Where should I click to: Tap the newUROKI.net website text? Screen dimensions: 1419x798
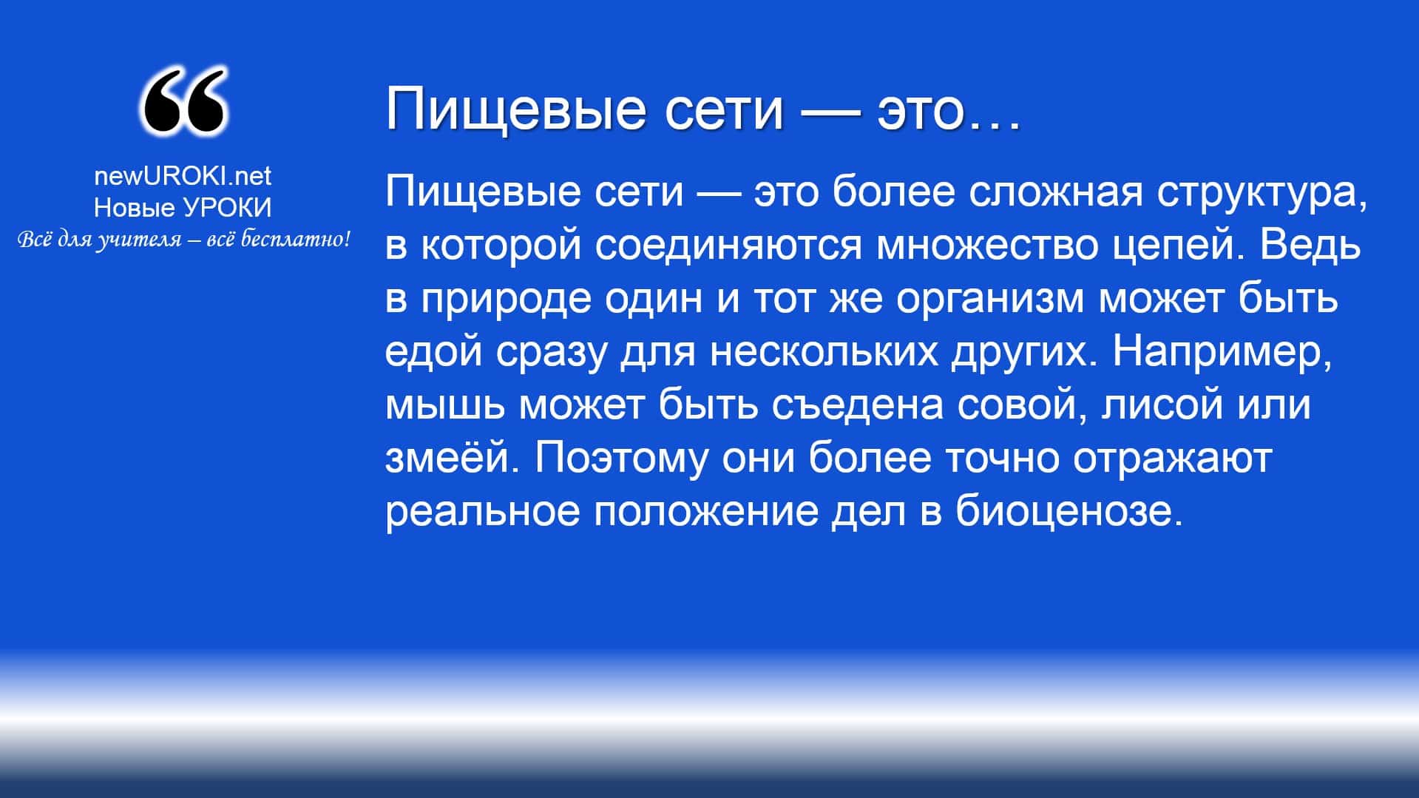point(183,175)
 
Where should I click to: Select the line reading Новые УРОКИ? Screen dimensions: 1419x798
point(183,209)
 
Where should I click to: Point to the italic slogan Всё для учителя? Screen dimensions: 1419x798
point(183,240)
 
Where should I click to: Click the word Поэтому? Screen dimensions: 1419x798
point(620,459)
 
